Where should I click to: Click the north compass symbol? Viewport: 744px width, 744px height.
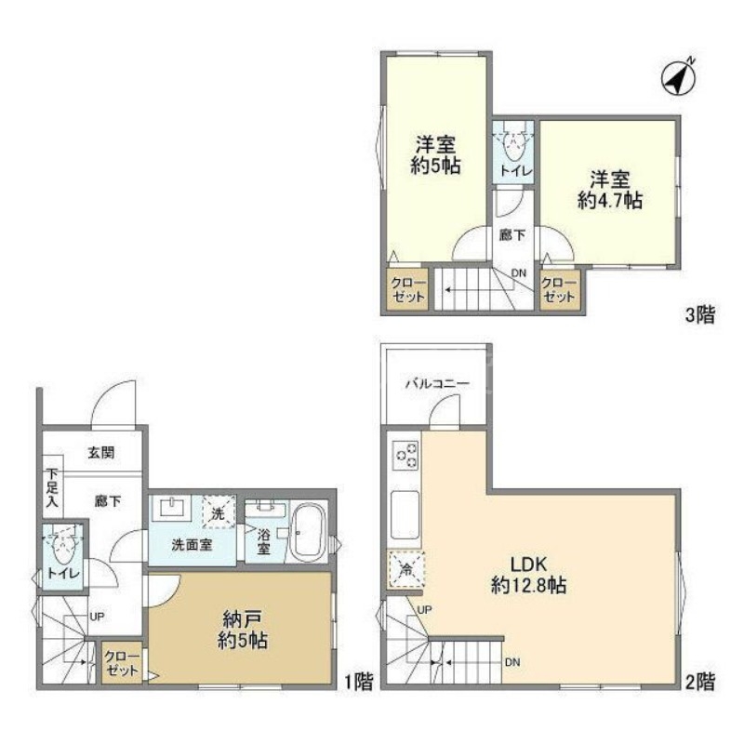681,79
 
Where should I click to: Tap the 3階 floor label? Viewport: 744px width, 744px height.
700,315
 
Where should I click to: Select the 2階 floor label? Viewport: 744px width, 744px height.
700,682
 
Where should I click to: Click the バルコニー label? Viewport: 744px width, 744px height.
436,383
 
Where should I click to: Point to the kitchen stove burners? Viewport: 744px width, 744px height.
406,456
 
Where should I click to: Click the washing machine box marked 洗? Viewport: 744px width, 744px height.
219,512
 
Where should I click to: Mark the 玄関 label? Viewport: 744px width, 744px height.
101,453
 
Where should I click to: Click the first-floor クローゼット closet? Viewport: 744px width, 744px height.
122,663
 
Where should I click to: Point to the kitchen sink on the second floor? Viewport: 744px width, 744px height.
406,511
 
